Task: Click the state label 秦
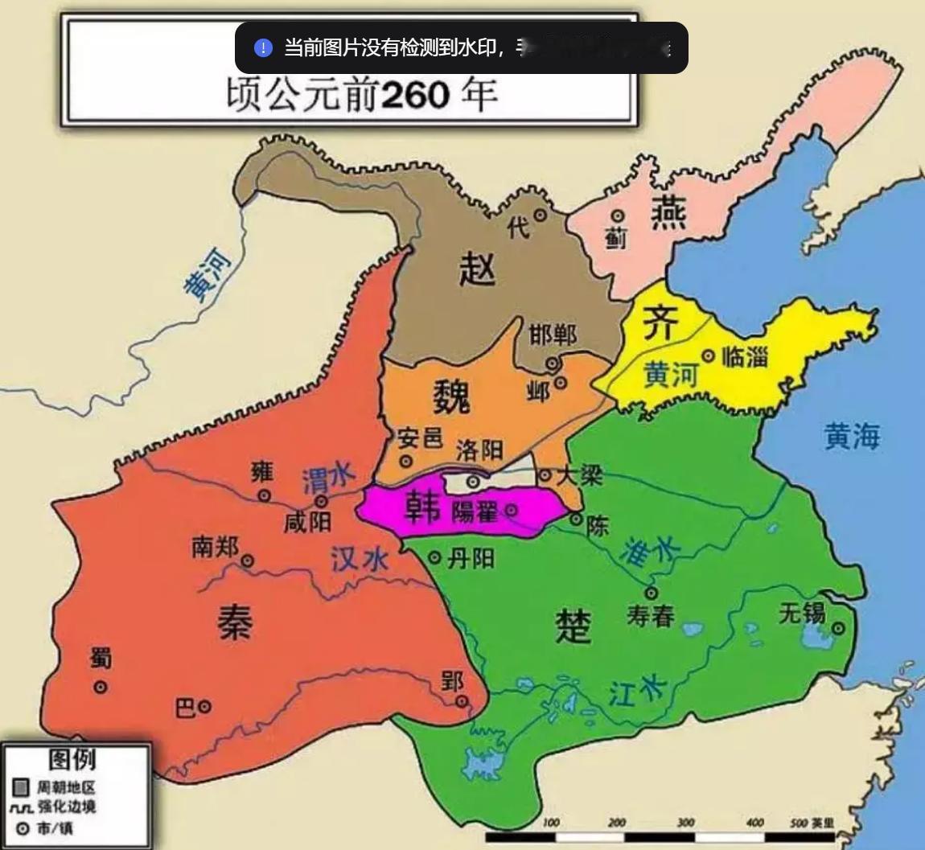[x=235, y=622]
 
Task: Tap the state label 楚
[x=573, y=624]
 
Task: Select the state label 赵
[x=477, y=267]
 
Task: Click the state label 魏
[x=451, y=396]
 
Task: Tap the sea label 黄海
[x=852, y=436]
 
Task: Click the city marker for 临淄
[x=709, y=355]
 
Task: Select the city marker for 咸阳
[x=321, y=502]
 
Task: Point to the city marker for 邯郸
[x=553, y=363]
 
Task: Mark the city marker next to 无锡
[x=838, y=628]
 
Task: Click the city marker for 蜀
[x=101, y=687]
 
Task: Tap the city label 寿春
[x=651, y=616]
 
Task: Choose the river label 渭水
[x=328, y=480]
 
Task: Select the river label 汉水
[x=360, y=559]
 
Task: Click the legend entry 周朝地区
[x=66, y=786]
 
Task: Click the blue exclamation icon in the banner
[x=263, y=48]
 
